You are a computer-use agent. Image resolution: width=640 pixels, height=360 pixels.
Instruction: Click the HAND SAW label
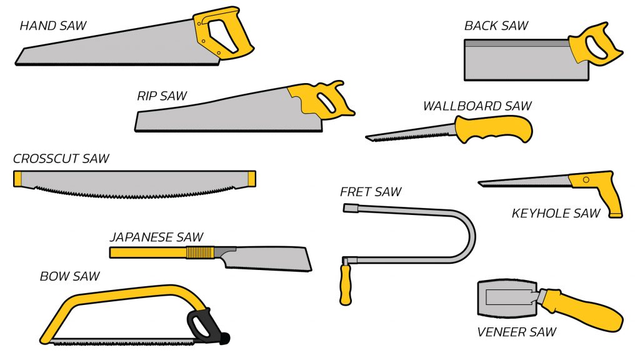click(53, 26)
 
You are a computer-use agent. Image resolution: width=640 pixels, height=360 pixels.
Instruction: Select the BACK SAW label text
click(496, 26)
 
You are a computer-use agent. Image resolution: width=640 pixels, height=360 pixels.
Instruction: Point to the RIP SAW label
click(162, 96)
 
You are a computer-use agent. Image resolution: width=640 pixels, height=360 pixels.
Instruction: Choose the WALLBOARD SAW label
click(477, 106)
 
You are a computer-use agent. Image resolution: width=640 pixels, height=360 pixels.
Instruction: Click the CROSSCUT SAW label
click(61, 159)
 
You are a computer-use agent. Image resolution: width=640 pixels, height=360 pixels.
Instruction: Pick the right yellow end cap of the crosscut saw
click(252, 179)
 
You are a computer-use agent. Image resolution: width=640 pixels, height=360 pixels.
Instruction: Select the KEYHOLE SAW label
click(556, 214)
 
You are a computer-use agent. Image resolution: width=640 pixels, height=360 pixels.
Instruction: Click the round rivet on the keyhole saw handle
click(586, 180)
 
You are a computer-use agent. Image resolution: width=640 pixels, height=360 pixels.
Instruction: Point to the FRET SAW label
click(371, 192)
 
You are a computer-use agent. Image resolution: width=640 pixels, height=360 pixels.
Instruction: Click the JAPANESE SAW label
click(156, 237)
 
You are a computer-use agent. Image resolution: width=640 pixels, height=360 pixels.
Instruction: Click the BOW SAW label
click(69, 276)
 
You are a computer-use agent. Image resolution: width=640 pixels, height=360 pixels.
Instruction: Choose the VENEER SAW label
click(516, 332)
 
